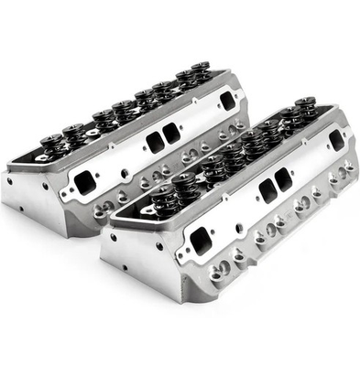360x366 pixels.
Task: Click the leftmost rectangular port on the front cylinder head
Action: point(200,242)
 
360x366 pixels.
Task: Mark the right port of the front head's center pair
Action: point(283,180)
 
